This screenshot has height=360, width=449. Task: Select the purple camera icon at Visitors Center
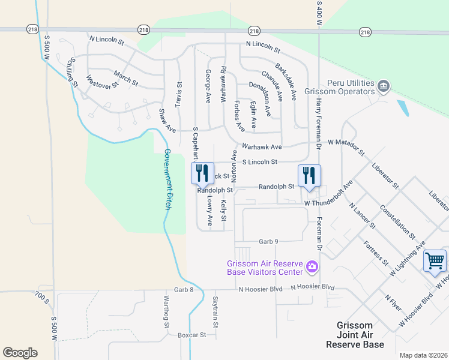312,266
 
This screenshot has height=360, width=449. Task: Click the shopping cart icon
435,261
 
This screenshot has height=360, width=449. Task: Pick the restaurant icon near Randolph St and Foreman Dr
309,175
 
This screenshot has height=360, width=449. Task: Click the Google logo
20,352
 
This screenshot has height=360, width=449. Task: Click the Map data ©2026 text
423,355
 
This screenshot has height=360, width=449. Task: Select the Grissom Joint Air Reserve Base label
355,335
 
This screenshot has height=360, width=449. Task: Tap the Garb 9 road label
268,241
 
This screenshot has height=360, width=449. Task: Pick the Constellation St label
397,220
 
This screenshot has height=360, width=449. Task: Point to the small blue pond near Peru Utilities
403,107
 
